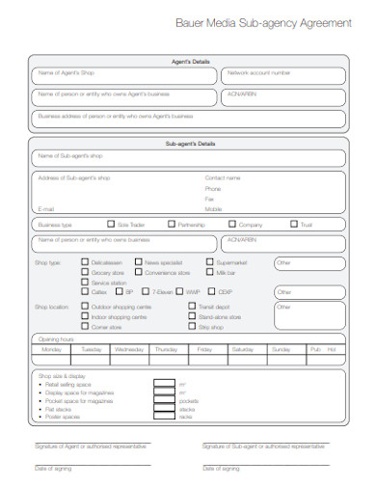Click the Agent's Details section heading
point(188,60)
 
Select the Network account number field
point(283,74)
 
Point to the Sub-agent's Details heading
point(188,143)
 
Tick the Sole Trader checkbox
point(111,224)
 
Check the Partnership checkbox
point(172,224)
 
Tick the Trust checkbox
point(293,224)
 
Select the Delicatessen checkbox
point(86,261)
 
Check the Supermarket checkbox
point(210,261)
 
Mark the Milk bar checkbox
point(210,272)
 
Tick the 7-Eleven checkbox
point(145,291)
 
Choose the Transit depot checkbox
point(192,307)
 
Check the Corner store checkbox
point(86,327)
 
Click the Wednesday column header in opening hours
point(129,348)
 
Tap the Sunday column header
point(308,348)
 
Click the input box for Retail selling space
point(163,384)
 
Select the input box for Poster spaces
point(163,416)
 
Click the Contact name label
point(223,178)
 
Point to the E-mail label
point(45,208)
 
